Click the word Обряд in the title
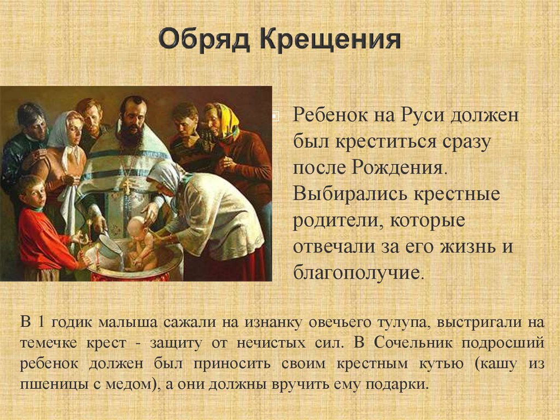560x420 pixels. (204, 40)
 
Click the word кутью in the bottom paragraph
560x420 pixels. (441, 364)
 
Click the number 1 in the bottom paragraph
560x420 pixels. (41, 321)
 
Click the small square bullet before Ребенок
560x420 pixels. (276, 116)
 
